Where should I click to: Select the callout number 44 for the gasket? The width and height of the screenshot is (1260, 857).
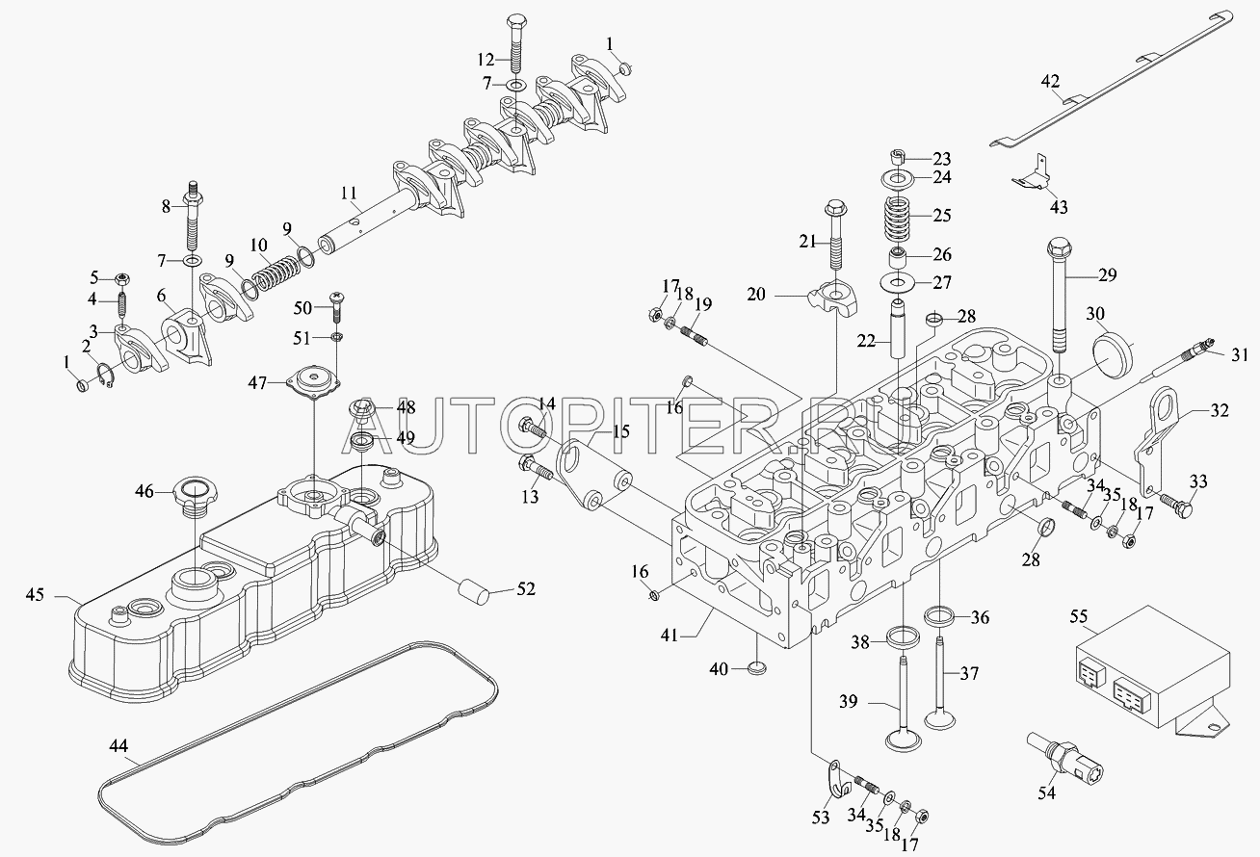(x=118, y=745)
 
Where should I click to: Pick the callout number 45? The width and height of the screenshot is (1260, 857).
(x=35, y=595)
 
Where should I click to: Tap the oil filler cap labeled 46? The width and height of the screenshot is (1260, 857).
(x=193, y=493)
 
